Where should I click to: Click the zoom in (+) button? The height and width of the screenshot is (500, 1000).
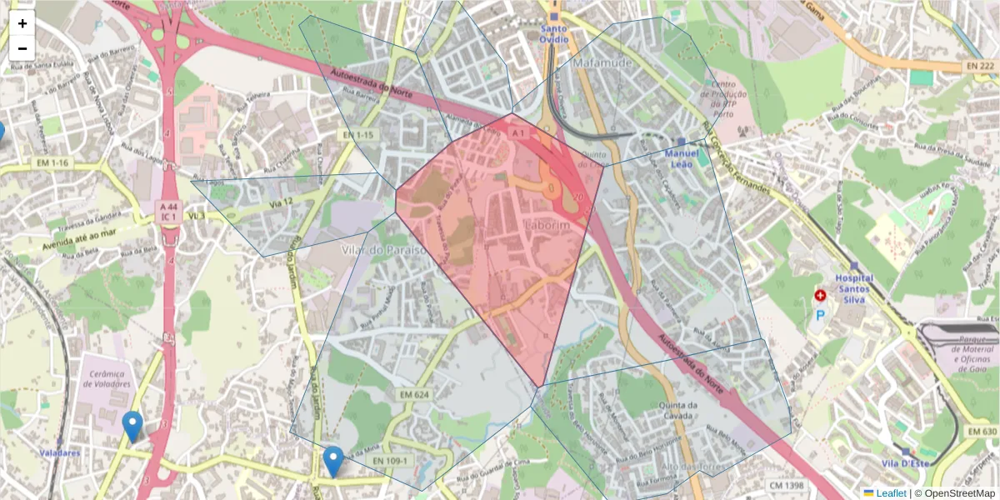point(22,23)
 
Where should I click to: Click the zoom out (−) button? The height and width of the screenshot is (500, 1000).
point(22,48)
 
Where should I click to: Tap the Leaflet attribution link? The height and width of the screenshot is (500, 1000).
point(890,493)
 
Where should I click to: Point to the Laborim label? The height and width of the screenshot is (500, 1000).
point(547,226)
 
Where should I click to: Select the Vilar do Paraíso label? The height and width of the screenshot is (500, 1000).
point(384,249)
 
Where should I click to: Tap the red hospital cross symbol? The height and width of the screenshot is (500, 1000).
point(820,296)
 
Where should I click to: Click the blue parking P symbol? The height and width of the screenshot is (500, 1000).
point(820,316)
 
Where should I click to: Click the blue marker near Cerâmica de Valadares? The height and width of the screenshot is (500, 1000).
point(132,425)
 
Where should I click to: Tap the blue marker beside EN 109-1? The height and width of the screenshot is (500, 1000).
point(333,460)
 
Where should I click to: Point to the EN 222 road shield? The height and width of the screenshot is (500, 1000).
point(981,65)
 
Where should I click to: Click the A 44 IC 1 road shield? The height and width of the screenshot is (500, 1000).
point(168,211)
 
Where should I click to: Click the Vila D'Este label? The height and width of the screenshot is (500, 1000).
point(904,463)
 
